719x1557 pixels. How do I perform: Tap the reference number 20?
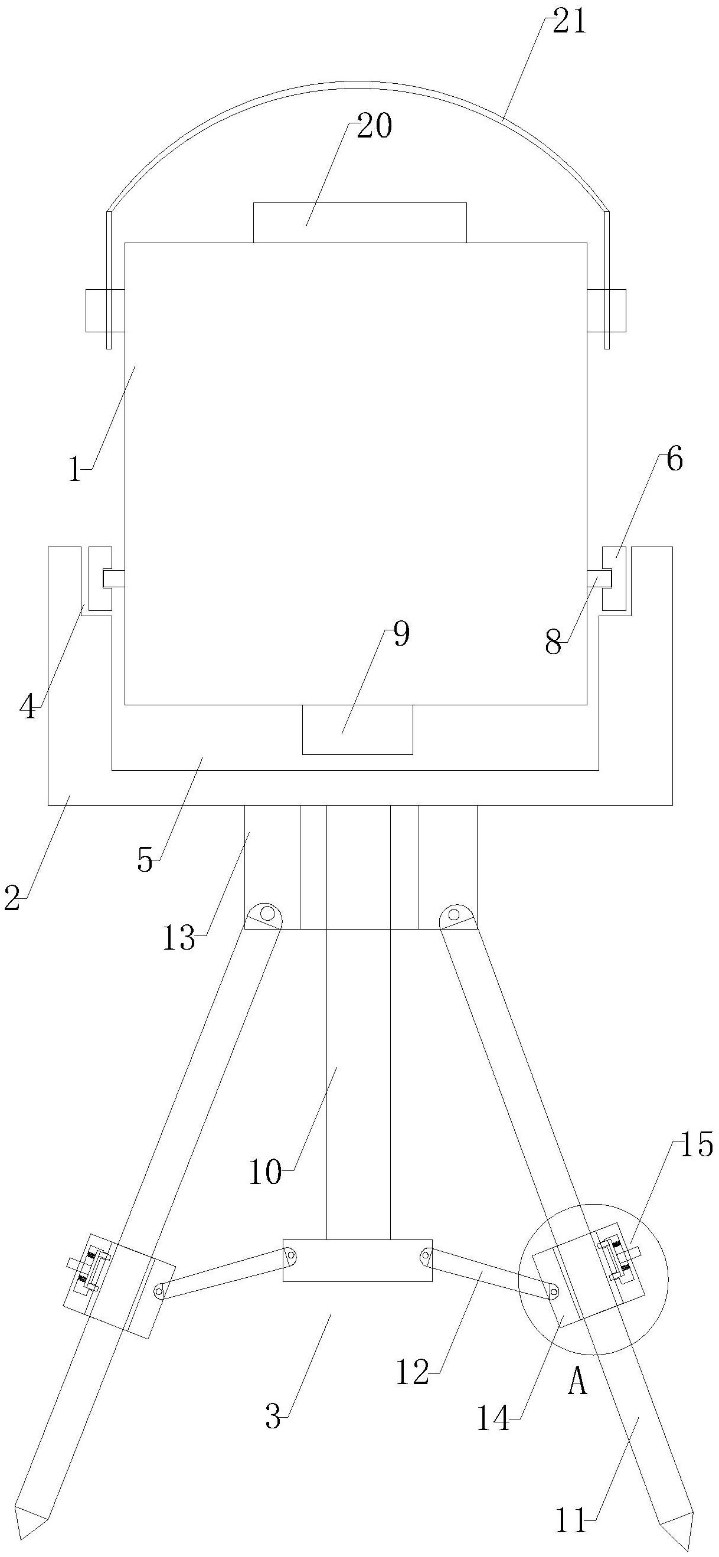[x=374, y=127]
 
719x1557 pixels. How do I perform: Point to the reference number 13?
[x=179, y=940]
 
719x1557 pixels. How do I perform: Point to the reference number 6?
[x=674, y=460]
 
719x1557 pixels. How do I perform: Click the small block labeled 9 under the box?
[x=357, y=730]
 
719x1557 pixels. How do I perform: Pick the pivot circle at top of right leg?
[x=454, y=911]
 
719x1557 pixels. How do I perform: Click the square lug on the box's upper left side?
[x=100, y=310]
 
